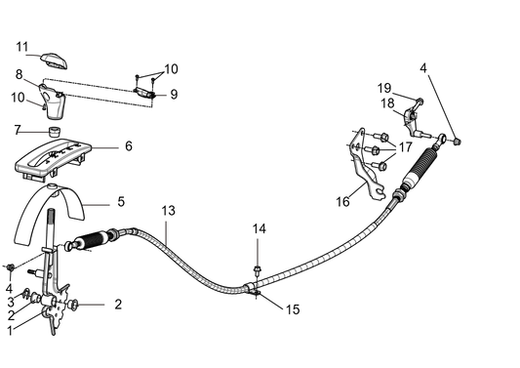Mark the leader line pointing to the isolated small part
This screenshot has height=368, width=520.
pyautogui.click(x=161, y=95)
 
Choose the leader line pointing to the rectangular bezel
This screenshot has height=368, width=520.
pyautogui.click(x=105, y=148)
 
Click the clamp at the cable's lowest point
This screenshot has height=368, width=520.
pyautogui.click(x=253, y=285)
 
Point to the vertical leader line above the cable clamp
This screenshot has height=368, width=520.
pyautogui.click(x=256, y=252)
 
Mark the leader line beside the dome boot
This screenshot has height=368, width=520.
pyautogui.click(x=99, y=204)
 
